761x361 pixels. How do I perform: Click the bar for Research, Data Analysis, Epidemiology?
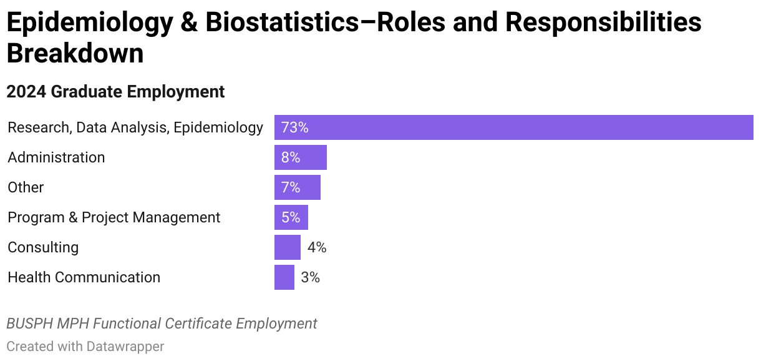coord(513,127)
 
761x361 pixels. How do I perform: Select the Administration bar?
coord(300,157)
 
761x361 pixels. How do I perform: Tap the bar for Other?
coord(297,187)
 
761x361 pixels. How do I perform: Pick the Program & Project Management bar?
coord(291,217)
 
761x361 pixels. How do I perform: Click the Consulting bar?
coord(287,247)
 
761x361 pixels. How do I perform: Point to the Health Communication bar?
coord(284,277)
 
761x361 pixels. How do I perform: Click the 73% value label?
coord(294,127)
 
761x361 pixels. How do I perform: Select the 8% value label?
coord(291,157)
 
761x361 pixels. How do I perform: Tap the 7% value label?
coord(291,187)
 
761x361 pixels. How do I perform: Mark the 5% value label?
coord(291,217)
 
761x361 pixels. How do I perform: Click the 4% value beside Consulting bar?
coord(317,247)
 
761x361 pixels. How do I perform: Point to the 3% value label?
coord(310,277)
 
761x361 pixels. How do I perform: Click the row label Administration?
coord(56,157)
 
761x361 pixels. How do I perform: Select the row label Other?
coord(26,187)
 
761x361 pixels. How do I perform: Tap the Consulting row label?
coord(43,247)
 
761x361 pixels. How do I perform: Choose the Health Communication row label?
coord(84,277)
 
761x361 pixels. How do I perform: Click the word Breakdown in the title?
coord(75,54)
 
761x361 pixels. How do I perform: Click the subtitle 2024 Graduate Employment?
coord(115,92)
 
